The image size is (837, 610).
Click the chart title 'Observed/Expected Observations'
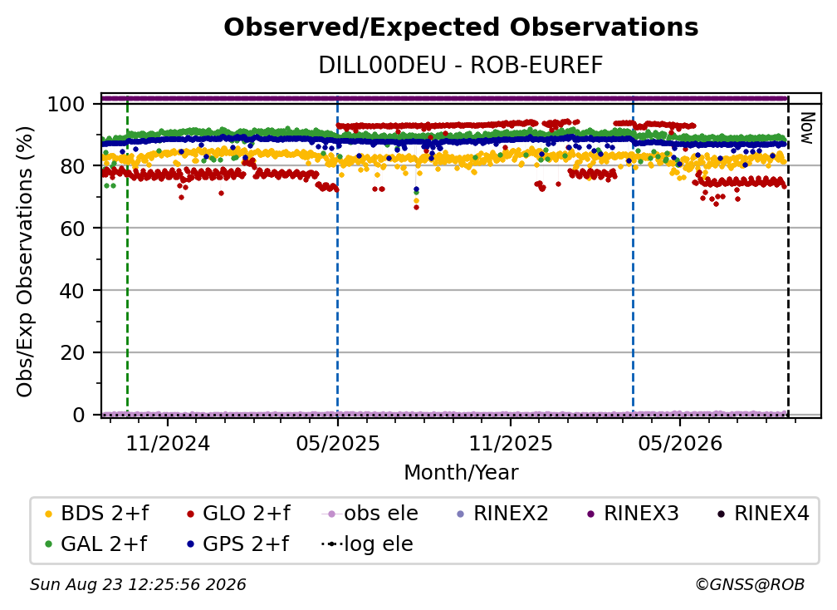[x=461, y=27]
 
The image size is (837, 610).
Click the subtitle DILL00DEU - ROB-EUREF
[x=461, y=66]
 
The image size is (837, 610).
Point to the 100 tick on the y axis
[x=66, y=104]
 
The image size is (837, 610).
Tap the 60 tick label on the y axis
[x=72, y=228]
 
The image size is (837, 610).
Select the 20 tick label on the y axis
[x=72, y=352]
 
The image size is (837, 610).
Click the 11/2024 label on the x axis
[x=168, y=443]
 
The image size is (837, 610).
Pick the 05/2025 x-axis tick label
[x=338, y=443]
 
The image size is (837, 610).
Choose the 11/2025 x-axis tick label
[x=511, y=443]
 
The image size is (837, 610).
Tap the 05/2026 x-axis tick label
[x=680, y=443]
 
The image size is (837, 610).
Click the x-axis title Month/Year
[x=461, y=472]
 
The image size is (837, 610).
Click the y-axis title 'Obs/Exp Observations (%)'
[x=25, y=262]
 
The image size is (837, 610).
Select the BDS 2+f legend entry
[x=96, y=514]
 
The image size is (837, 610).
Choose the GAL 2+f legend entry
[x=95, y=544]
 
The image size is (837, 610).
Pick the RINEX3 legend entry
[x=633, y=514]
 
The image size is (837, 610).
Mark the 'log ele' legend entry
[x=367, y=544]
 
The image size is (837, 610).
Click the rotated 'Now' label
[x=806, y=128]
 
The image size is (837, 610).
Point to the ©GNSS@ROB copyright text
[x=750, y=584]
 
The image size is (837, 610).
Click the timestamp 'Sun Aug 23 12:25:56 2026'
[x=138, y=584]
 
